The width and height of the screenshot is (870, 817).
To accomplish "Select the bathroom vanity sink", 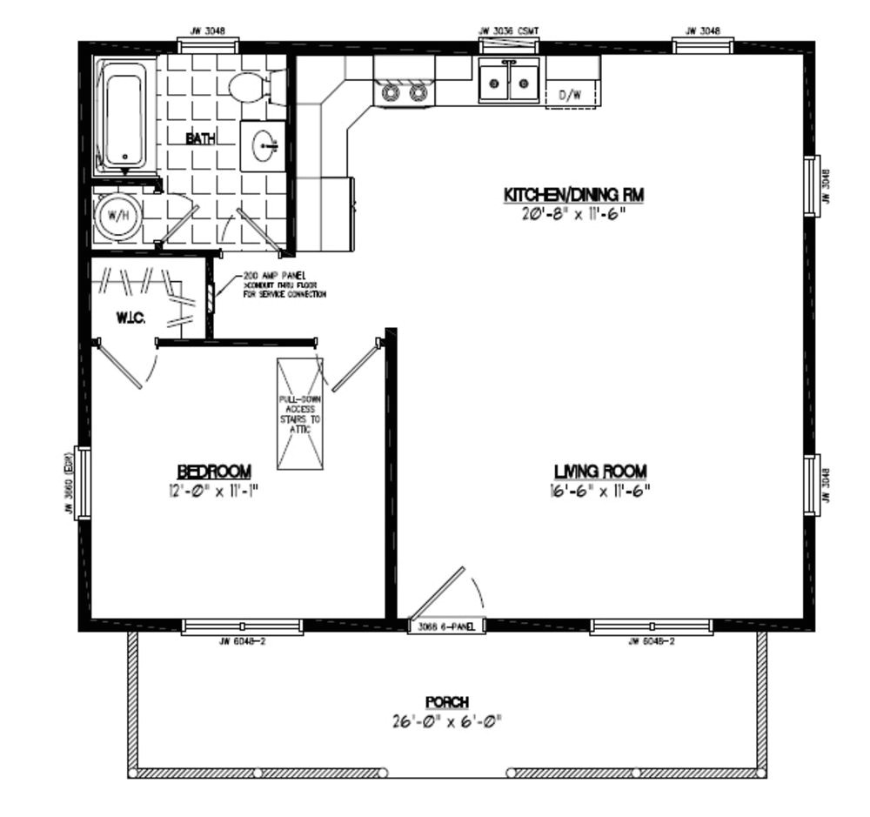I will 263,147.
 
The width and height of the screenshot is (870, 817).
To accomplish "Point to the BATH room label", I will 200,138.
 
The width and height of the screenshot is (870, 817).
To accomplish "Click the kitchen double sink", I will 509,84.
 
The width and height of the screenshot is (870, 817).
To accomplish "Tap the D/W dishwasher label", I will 570,94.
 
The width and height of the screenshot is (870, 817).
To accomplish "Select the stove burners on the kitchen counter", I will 405,90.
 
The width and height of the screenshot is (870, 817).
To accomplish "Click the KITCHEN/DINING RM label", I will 574,194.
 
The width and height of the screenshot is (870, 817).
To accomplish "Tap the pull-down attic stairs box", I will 300,413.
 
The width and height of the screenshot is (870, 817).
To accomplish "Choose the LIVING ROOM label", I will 600,472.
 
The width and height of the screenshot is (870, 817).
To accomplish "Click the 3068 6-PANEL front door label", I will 446,626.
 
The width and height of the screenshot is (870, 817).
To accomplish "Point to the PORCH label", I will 447,702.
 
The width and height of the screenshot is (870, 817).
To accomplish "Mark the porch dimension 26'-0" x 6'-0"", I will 447,721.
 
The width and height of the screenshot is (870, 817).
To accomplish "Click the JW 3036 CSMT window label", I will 509,31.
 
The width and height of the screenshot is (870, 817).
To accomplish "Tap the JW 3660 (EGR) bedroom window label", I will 67,483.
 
